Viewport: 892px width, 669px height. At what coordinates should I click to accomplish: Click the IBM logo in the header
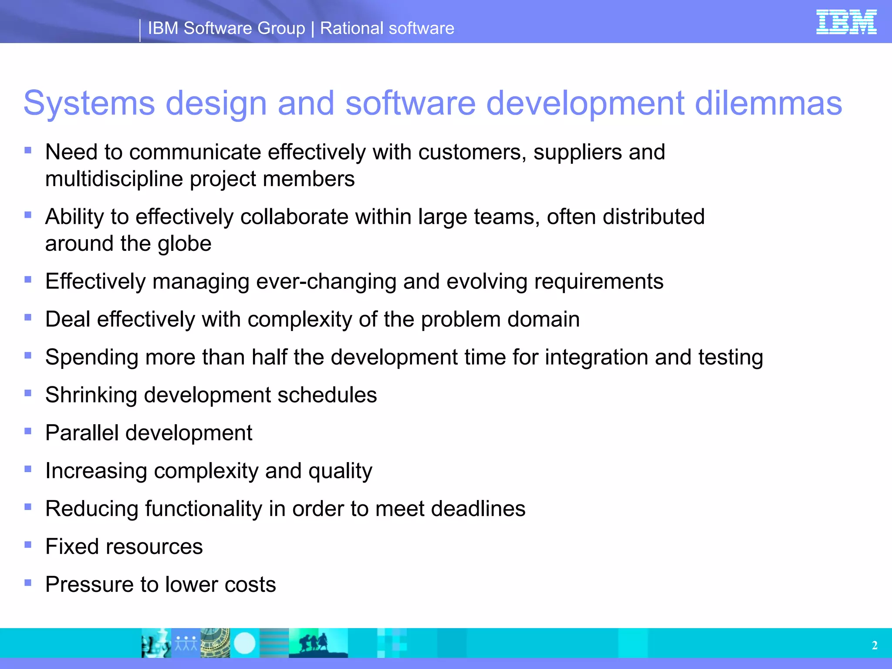click(x=846, y=22)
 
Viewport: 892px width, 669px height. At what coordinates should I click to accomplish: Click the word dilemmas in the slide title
click(x=768, y=103)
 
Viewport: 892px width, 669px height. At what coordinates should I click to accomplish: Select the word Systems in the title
click(x=89, y=103)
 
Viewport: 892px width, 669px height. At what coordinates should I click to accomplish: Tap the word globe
click(x=185, y=243)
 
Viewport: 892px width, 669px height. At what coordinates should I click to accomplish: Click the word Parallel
click(x=82, y=433)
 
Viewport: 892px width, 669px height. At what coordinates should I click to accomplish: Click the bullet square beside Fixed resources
click(x=28, y=544)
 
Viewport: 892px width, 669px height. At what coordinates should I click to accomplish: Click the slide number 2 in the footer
click(x=875, y=645)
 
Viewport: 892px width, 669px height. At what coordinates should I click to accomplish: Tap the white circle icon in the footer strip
click(x=244, y=643)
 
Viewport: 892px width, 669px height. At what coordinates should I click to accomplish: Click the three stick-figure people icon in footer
click(x=186, y=643)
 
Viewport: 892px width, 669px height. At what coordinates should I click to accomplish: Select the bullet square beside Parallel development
click(x=28, y=431)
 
